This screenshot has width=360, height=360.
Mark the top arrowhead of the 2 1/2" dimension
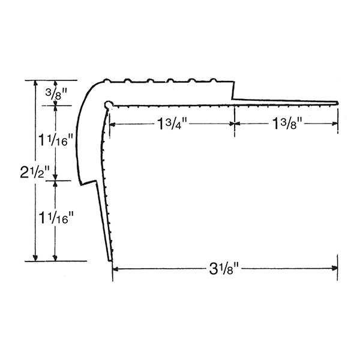coord(35,83)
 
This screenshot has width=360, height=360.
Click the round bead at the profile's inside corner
coord(108,104)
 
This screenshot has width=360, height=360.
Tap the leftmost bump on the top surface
coord(107,79)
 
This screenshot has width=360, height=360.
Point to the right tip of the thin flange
coord(338,103)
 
